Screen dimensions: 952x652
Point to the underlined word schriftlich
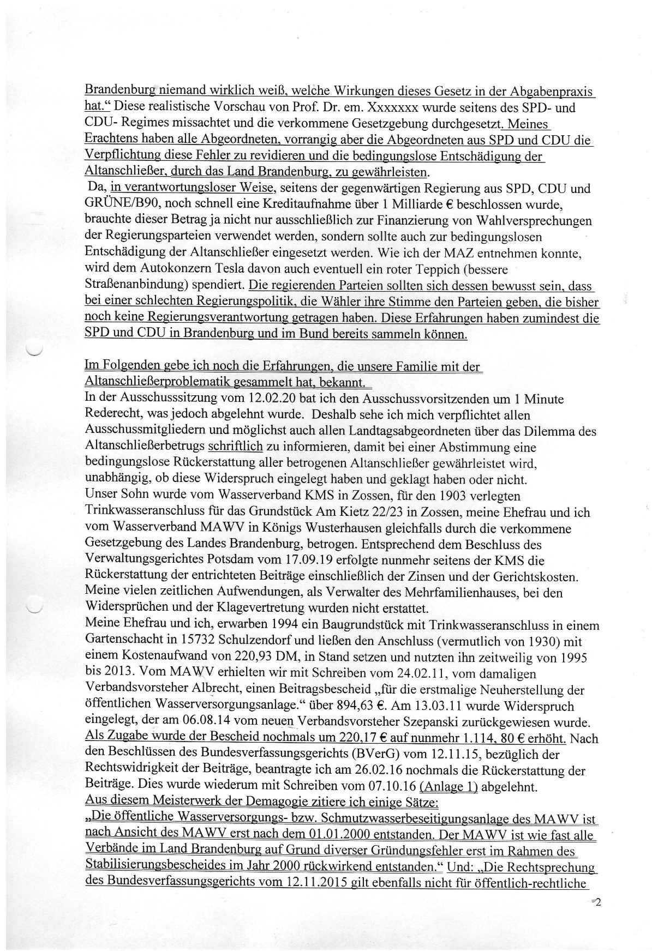click(235, 447)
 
